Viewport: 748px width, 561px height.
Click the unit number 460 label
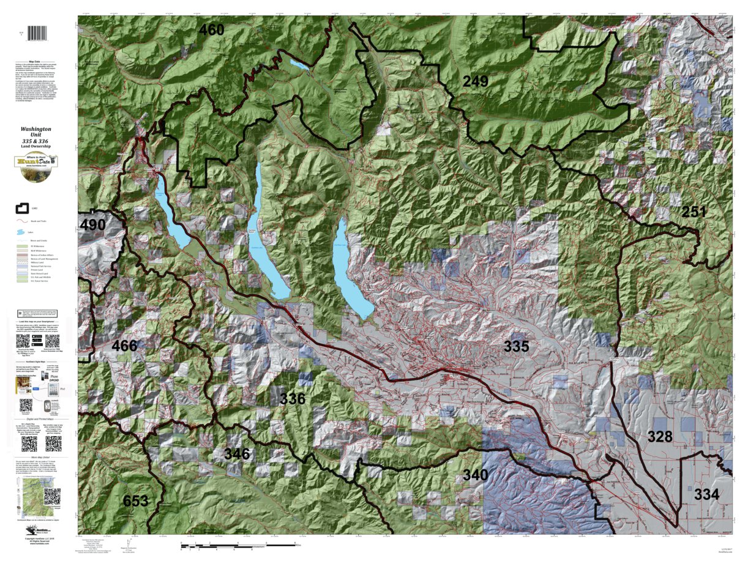tap(211, 29)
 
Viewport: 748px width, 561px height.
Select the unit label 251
tap(695, 212)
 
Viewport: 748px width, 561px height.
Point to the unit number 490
tap(92, 225)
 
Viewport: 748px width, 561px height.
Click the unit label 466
tap(124, 346)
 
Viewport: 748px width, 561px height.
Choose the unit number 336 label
tap(292, 399)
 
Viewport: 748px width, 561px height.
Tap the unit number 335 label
tap(516, 346)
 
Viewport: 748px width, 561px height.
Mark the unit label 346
tap(237, 454)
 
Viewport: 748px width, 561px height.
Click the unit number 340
tap(475, 475)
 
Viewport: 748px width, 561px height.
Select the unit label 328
tap(660, 437)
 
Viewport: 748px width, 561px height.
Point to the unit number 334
tap(707, 495)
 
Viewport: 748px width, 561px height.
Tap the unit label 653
tap(135, 501)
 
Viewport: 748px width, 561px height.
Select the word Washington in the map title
tap(36, 130)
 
